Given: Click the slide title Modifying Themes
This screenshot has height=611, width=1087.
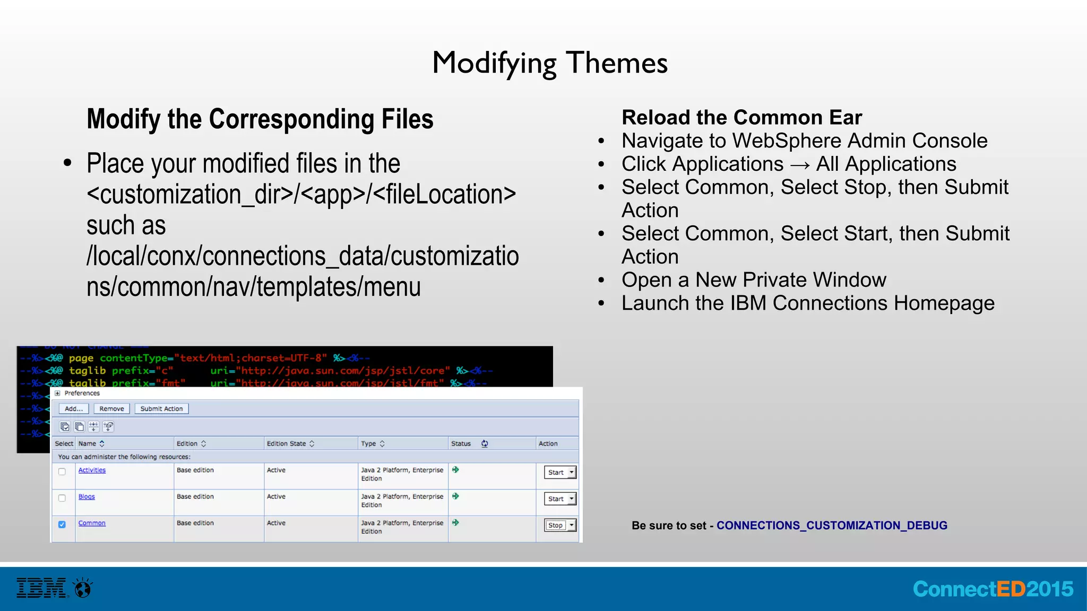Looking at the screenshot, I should coord(550,63).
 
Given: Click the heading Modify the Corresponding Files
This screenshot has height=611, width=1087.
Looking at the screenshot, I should coord(260,119).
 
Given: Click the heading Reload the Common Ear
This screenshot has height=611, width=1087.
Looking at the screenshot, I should coord(741,117).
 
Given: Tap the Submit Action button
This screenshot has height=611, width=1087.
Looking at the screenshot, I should coord(161,409).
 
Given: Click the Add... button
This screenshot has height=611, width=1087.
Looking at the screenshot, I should coord(74,409).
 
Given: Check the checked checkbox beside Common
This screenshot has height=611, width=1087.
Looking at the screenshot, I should coord(62,525).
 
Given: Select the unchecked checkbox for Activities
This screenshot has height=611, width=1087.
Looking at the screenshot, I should coord(62,472).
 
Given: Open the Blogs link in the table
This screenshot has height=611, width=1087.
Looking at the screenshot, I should coord(87,497).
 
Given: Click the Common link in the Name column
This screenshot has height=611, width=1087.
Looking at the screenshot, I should coord(92,523).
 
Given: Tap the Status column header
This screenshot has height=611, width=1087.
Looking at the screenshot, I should coord(461,444).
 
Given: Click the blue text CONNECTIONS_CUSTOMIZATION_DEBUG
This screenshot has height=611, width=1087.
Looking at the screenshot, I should coord(832,526).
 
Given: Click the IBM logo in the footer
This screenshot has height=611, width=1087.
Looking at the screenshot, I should coord(42,588).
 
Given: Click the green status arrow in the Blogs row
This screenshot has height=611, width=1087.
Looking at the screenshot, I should coord(455,496).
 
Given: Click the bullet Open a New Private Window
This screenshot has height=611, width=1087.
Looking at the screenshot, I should coord(754,280).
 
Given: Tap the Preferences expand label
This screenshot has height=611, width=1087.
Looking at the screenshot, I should coord(81,394).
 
